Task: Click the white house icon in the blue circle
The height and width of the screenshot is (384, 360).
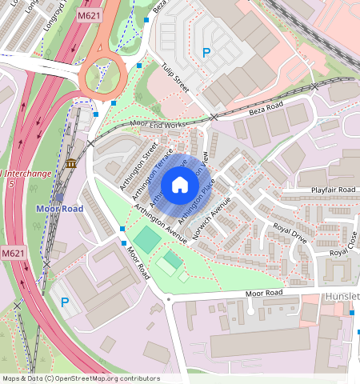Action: point(180,186)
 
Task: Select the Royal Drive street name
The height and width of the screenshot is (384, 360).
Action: point(290,233)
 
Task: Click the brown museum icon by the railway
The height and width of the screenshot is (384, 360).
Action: point(71,164)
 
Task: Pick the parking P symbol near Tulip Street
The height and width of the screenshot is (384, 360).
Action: point(206,53)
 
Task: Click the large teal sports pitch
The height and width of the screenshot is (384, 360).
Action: point(146,238)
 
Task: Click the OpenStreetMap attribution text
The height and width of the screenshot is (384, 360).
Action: point(81,378)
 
